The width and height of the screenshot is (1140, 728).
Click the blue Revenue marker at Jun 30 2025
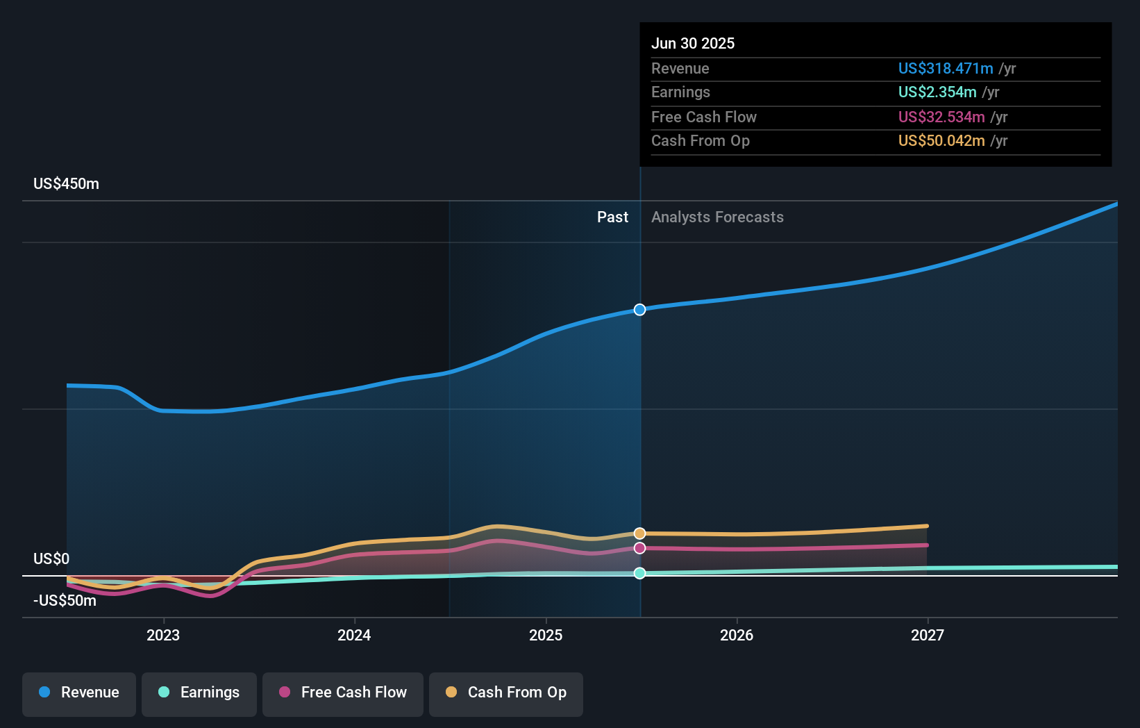pos(639,310)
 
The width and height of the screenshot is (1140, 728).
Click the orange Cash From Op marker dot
pos(639,533)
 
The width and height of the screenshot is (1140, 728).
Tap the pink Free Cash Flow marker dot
pos(639,548)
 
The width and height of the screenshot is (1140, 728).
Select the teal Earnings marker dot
pos(639,573)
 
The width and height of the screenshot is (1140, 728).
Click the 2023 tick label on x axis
pos(163,635)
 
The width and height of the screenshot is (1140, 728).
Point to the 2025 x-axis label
pos(546,635)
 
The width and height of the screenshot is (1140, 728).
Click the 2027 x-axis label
pos(928,635)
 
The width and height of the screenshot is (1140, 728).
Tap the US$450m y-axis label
pos(66,184)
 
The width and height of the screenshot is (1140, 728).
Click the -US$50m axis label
pos(65,601)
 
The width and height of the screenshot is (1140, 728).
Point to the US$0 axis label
pos(51,559)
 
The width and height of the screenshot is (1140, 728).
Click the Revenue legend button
pos(79,693)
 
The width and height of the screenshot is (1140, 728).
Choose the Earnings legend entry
pos(199,693)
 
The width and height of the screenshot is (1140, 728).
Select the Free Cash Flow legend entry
pos(343,693)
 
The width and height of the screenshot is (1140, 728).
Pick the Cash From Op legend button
pos(506,693)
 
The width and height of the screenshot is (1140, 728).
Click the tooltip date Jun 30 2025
pos(692,43)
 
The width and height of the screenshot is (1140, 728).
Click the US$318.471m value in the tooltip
pos(945,68)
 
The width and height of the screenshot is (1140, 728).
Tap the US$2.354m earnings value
pos(937,92)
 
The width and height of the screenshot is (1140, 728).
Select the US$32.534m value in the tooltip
pos(941,117)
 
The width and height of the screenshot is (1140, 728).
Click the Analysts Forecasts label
pos(717,217)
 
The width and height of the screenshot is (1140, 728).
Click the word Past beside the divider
pos(612,217)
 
